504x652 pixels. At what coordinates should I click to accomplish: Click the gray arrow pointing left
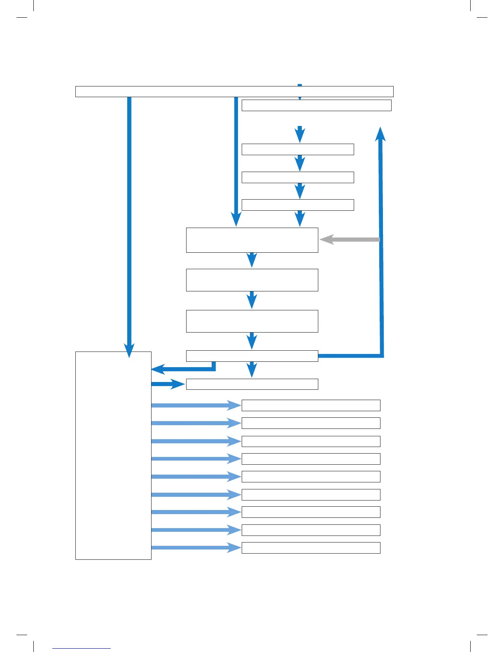350,240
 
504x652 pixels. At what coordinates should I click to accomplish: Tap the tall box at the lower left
113,455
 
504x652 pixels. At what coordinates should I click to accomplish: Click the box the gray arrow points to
252,240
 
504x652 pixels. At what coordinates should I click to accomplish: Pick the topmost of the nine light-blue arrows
196,405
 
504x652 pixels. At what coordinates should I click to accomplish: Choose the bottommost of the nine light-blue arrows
196,547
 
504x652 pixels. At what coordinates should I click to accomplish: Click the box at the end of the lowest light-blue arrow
311,548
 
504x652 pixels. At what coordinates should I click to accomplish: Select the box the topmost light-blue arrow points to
311,405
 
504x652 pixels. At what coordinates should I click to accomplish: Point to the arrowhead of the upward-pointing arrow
381,134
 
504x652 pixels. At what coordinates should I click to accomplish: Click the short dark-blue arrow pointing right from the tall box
167,384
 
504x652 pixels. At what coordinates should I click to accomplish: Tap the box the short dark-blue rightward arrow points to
252,384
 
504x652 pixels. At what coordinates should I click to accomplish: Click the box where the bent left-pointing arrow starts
252,356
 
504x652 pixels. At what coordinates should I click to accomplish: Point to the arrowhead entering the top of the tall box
129,351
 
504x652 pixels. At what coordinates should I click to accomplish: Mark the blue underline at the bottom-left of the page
82,649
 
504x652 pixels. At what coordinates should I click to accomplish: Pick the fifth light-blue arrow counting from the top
196,477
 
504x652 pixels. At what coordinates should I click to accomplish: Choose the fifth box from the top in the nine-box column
311,477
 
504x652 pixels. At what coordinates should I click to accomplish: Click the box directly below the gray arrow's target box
252,280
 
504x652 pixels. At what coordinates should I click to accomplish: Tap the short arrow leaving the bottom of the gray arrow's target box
252,260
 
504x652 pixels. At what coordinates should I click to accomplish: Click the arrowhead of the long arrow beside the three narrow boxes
236,220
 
